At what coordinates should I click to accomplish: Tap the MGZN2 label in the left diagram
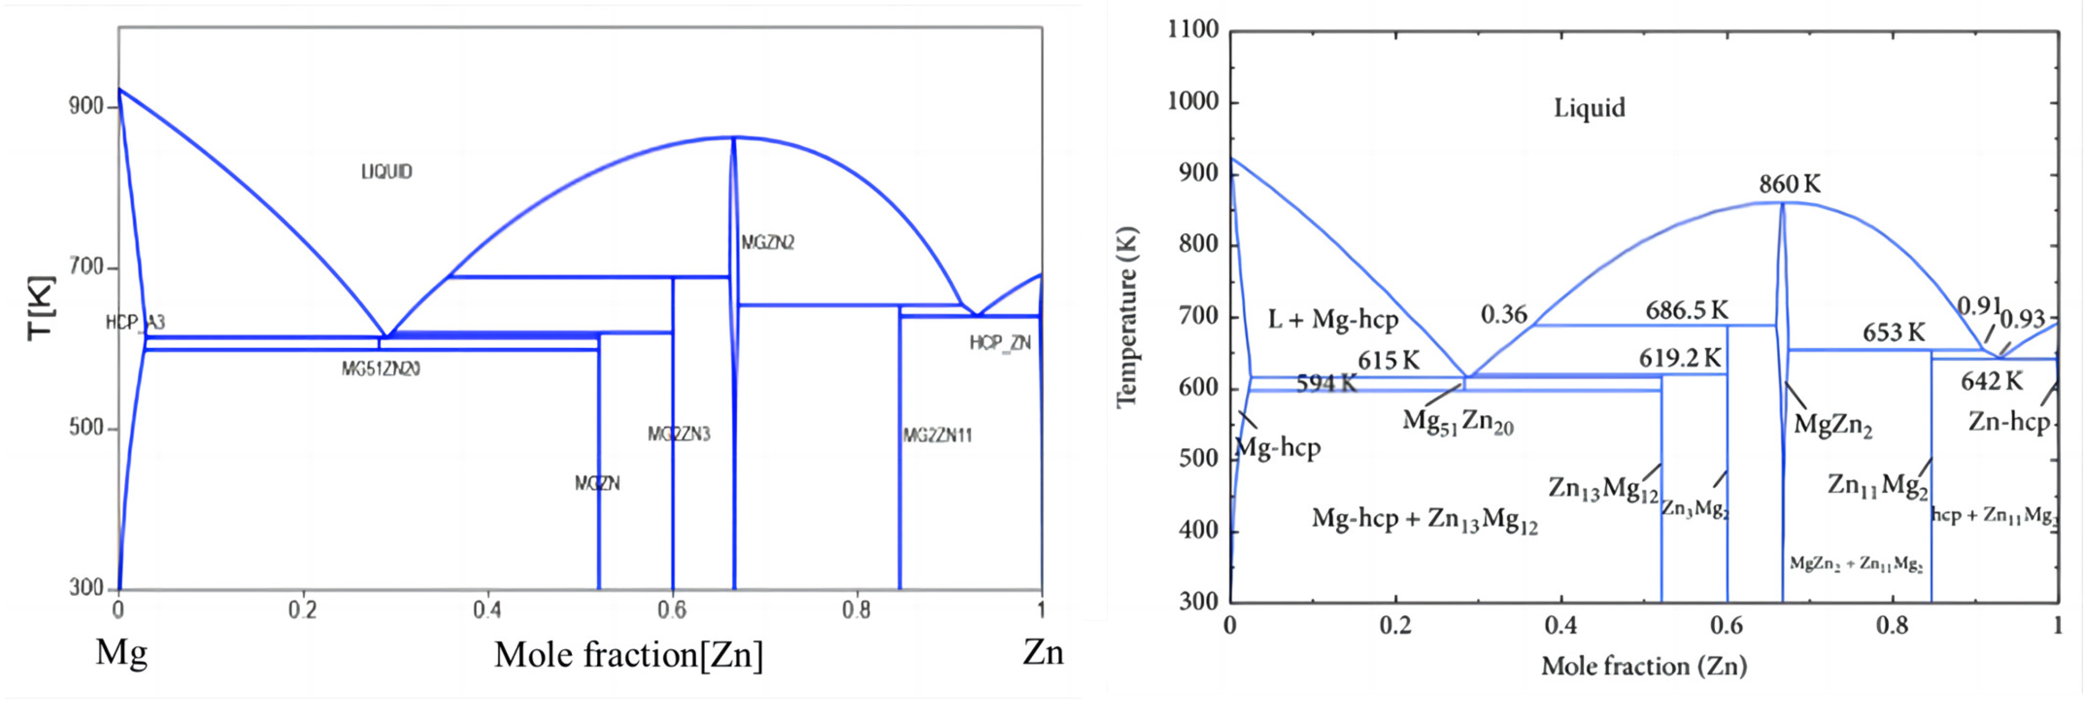click(x=767, y=242)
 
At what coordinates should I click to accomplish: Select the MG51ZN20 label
click(x=381, y=370)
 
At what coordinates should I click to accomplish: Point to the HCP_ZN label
click(x=1000, y=343)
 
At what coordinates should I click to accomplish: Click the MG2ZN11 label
click(x=937, y=435)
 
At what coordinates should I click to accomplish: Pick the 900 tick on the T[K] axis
click(x=86, y=106)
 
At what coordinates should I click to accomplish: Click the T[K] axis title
click(x=40, y=308)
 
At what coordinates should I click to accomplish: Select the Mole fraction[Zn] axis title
click(x=629, y=655)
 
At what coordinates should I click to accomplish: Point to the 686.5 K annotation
click(x=1687, y=310)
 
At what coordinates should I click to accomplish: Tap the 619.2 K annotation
click(x=1679, y=358)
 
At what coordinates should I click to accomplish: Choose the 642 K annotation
click(x=1992, y=381)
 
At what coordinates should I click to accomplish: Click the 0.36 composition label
click(x=1504, y=314)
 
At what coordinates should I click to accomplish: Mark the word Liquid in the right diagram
click(x=1589, y=108)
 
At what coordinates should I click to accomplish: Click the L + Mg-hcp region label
click(x=1333, y=320)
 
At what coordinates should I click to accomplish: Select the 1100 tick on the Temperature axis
click(x=1193, y=30)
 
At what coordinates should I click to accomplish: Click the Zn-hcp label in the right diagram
click(x=2009, y=421)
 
